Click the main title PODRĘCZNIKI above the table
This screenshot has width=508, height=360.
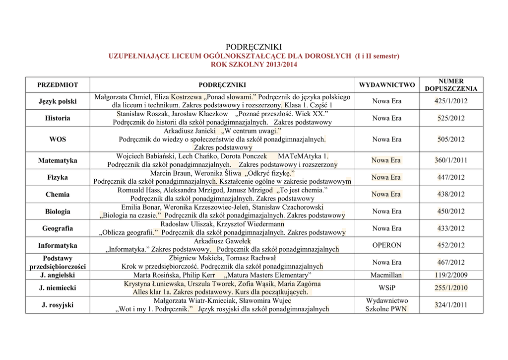pos(254,47)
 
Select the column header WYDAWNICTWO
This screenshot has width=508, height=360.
pos(387,85)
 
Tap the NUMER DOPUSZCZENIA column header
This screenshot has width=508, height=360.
pos(451,85)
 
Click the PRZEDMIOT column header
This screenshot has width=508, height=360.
pos(58,85)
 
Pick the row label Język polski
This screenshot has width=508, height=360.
pos(58,101)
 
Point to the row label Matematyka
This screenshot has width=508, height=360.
pos(58,160)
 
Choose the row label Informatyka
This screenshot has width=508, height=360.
pos(58,245)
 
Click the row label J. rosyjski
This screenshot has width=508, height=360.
pos(58,304)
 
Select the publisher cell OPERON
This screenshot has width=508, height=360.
pos(387,245)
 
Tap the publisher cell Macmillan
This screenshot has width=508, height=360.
pos(386,275)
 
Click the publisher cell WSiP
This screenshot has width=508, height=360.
pos(387,288)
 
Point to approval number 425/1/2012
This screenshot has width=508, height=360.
pos(451,101)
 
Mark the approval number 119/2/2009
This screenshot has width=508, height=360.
pos(451,275)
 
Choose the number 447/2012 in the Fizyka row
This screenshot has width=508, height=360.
pos(451,177)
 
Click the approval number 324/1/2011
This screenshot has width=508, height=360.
pos(451,304)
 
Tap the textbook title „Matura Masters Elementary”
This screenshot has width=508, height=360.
pos(268,275)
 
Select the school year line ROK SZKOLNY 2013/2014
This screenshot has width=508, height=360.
pos(254,65)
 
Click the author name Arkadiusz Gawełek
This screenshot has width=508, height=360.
pos(222,241)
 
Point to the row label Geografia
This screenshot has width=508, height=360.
pos(58,228)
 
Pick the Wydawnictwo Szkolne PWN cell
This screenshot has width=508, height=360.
pos(387,304)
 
